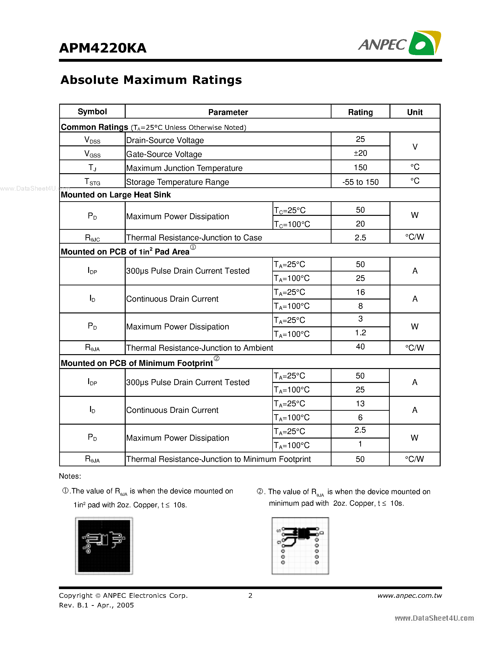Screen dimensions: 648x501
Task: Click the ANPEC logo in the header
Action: pyautogui.click(x=399, y=44)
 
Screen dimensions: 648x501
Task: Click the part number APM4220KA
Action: pyautogui.click(x=103, y=48)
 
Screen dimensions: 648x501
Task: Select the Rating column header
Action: pyautogui.click(x=360, y=112)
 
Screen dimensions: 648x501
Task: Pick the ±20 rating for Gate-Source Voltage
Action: pyautogui.click(x=360, y=153)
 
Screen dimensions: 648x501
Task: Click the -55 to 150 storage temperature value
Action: pyautogui.click(x=360, y=182)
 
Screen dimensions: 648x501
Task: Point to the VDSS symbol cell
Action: pyautogui.click(x=92, y=140)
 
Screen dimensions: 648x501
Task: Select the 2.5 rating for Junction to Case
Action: pyautogui.click(x=360, y=237)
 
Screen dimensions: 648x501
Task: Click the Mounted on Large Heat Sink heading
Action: pyautogui.click(x=116, y=195)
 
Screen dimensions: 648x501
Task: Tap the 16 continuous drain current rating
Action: pyautogui.click(x=360, y=292)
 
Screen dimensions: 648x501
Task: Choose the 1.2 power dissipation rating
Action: pyautogui.click(x=360, y=333)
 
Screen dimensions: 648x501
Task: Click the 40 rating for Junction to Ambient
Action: pyautogui.click(x=360, y=347)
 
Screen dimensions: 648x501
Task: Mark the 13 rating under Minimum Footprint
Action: pyautogui.click(x=360, y=403)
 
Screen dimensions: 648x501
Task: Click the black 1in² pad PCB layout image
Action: pyautogui.click(x=104, y=546)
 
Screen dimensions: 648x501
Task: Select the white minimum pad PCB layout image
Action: pyautogui.click(x=300, y=546)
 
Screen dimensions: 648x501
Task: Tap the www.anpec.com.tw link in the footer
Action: pyautogui.click(x=409, y=595)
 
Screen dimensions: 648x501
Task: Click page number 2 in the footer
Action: pyautogui.click(x=250, y=595)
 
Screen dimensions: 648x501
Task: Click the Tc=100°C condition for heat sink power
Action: pyautogui.click(x=292, y=224)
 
